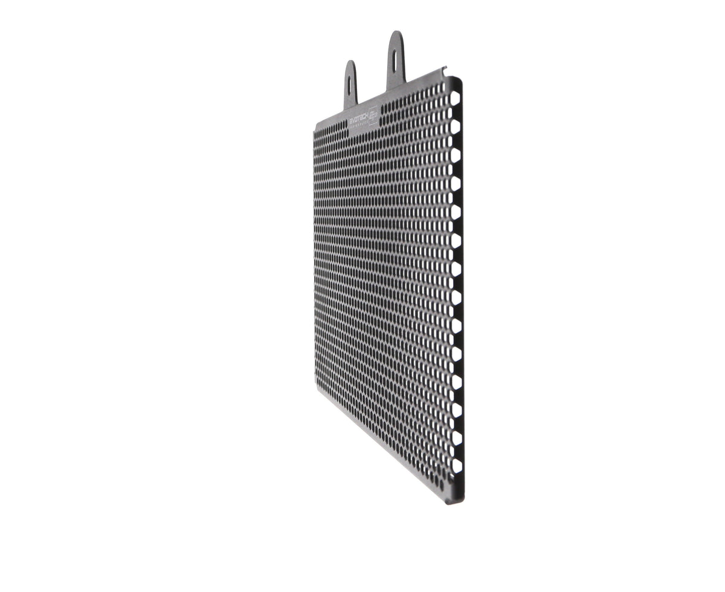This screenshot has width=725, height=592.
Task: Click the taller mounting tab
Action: [396, 60]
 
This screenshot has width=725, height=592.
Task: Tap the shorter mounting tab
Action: [350, 85]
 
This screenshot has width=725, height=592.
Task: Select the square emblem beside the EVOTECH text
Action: [373, 114]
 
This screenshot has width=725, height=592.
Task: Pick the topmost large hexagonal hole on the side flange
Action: [455, 97]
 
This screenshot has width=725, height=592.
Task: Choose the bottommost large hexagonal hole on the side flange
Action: [457, 466]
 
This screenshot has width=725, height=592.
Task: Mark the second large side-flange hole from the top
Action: [455, 126]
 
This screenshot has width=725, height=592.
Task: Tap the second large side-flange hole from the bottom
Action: [456, 438]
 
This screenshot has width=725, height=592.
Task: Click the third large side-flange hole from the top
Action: [455, 155]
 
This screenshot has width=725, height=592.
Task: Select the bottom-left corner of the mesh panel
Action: [315, 387]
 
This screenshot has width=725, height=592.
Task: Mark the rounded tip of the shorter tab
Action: [350, 63]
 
